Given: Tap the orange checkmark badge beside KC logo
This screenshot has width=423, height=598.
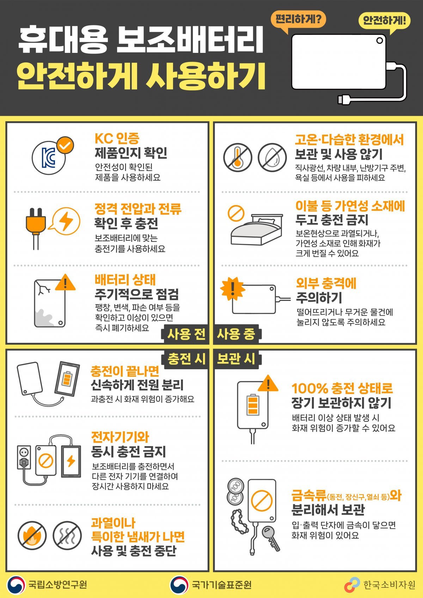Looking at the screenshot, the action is tap(66, 145).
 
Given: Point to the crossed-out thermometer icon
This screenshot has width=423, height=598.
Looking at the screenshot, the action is tap(237, 158).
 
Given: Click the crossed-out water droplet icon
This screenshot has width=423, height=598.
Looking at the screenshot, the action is tap(272, 158).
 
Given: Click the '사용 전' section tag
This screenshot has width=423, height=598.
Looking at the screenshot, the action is tap(185, 334).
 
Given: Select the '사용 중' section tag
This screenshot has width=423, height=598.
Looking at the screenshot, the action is tap(237, 334).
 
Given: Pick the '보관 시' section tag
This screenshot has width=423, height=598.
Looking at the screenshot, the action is tap(237, 359).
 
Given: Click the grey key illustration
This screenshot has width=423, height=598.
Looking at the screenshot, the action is tap(271, 537).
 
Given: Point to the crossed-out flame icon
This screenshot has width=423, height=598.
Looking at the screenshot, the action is tap(32, 535).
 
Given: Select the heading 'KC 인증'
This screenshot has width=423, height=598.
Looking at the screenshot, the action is tap(117, 138).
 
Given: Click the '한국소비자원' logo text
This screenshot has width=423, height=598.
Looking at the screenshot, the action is tap(389, 585).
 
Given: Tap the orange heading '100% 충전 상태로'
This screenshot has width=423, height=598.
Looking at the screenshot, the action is tap(342, 388).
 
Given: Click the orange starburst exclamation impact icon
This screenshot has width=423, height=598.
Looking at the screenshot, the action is tap(233, 289).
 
